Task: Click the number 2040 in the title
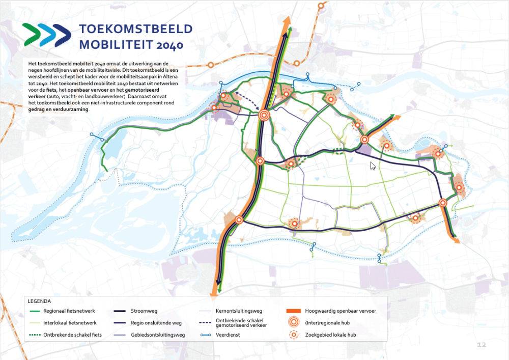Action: coord(169,45)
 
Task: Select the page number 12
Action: coord(481,345)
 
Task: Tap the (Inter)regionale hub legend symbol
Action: coord(293,323)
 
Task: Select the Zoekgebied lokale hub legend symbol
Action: coord(293,335)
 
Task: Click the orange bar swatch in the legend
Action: coord(293,311)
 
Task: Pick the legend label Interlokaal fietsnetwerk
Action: coord(70,323)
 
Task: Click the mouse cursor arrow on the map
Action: coord(373,165)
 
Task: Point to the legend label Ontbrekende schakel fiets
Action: coord(72,335)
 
